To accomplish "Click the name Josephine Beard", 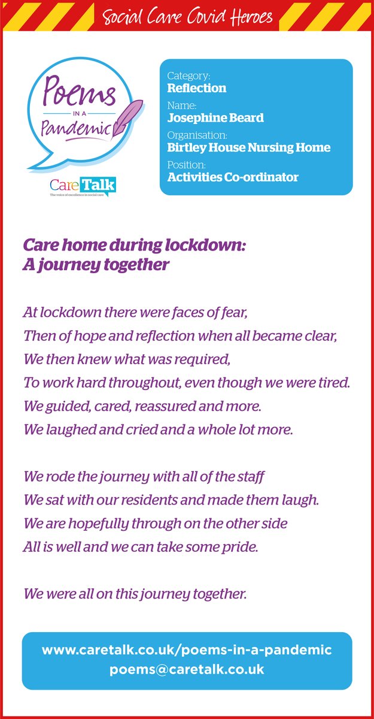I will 215,118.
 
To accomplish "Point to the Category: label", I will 188,76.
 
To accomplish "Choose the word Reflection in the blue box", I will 196,88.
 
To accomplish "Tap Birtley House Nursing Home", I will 248,147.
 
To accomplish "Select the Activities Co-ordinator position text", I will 233,177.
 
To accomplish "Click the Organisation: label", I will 197,135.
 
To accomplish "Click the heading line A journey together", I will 96,265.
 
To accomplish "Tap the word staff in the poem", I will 250,477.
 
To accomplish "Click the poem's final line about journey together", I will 135,594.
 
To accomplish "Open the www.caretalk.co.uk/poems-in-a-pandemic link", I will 187,650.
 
